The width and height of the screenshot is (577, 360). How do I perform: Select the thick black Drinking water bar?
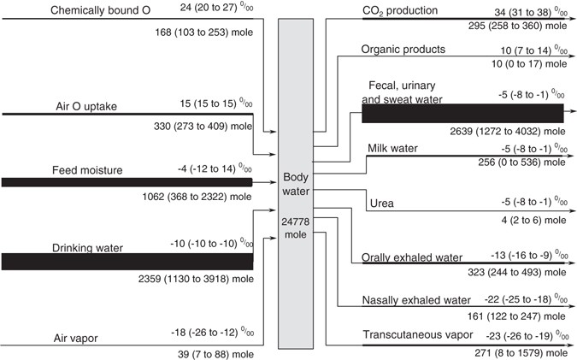(x=127, y=261)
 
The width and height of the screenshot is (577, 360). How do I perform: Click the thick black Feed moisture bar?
(x=127, y=182)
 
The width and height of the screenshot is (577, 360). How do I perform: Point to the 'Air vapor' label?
(x=74, y=338)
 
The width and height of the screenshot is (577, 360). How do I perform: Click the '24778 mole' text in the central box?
(x=301, y=228)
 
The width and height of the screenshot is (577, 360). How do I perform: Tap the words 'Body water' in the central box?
(x=301, y=184)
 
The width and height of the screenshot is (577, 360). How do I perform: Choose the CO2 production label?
(x=400, y=10)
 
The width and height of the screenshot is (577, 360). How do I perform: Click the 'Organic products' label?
(x=403, y=50)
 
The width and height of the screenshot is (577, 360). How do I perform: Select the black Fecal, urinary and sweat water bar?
(x=462, y=113)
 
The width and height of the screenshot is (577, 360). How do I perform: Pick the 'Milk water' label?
(x=392, y=148)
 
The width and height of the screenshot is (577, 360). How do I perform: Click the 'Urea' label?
(x=381, y=204)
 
